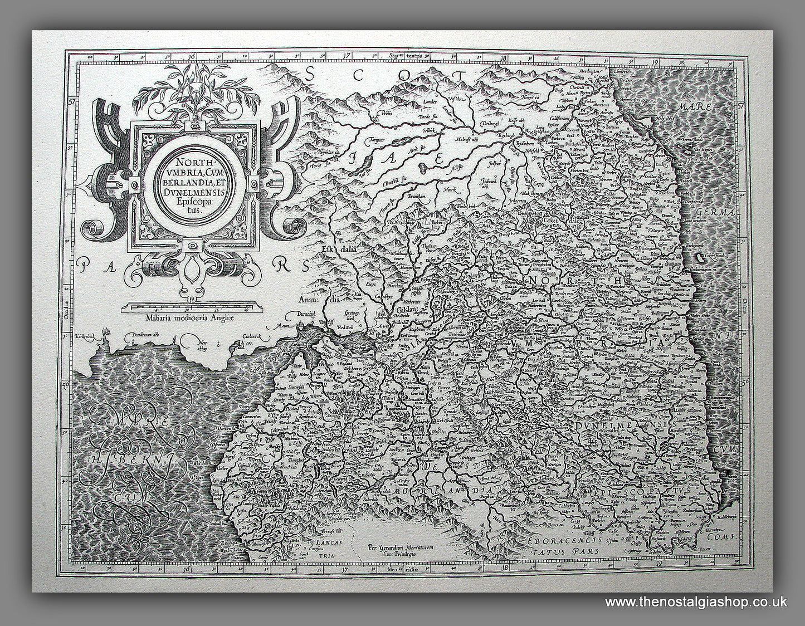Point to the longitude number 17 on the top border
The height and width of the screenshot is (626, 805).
coord(346,56)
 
